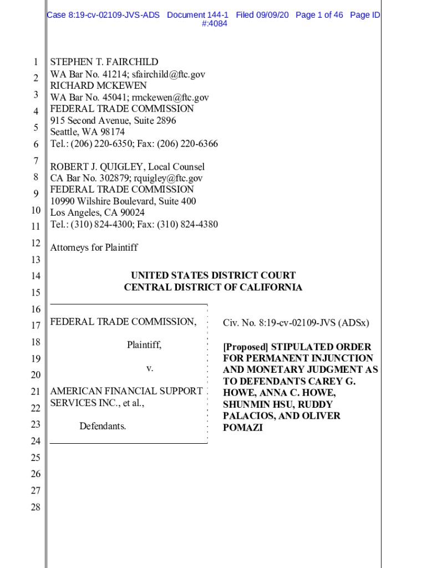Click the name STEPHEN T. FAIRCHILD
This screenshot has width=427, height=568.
(x=104, y=62)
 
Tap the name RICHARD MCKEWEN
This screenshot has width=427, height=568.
(x=99, y=85)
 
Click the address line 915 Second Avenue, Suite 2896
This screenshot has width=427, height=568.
(x=113, y=120)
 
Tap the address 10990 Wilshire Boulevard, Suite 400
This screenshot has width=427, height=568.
(x=123, y=201)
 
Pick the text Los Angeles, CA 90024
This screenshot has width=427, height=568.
(x=98, y=213)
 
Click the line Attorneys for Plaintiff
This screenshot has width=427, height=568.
(x=94, y=247)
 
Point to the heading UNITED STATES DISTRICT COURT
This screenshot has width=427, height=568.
(x=213, y=275)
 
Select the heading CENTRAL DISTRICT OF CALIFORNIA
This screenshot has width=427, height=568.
(x=213, y=287)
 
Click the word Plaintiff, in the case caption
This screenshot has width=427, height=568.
(x=144, y=345)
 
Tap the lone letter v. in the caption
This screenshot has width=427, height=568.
(x=150, y=368)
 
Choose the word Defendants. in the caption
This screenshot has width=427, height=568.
(x=103, y=427)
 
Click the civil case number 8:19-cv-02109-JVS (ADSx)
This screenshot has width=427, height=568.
(x=313, y=323)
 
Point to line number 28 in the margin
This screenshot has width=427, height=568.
(x=35, y=507)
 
